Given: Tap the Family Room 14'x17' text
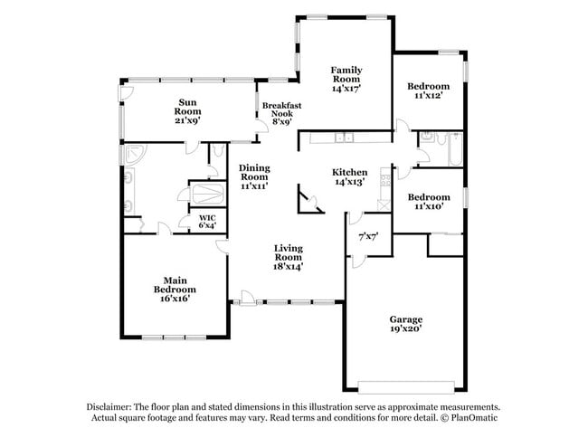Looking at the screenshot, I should point(346,79).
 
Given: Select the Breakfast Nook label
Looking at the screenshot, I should point(281,113).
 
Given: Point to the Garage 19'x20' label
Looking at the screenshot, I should point(406,325).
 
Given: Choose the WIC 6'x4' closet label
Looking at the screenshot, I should point(206,222).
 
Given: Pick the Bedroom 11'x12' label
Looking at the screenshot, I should point(429,91).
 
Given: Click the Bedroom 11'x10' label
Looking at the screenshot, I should point(428,202).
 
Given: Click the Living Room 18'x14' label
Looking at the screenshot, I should point(289,257).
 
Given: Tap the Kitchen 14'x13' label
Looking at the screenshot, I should point(349,176).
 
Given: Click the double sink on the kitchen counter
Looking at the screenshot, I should point(343,138).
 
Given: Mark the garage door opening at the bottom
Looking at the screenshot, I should point(405,386).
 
